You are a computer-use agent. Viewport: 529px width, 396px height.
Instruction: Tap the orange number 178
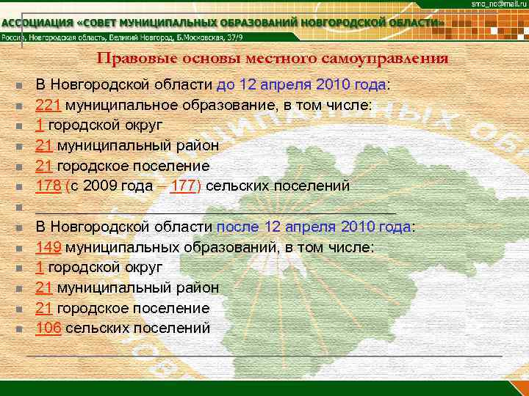click(x=48, y=186)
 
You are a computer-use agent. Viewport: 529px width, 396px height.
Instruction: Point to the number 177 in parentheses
click(x=182, y=186)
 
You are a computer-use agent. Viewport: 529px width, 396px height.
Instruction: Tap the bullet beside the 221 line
click(x=16, y=106)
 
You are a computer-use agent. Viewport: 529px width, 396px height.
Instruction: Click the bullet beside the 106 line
click(x=16, y=329)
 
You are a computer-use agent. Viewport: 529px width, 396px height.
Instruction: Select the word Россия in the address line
click(x=14, y=38)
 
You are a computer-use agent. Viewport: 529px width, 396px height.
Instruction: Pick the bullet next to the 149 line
click(x=16, y=249)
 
